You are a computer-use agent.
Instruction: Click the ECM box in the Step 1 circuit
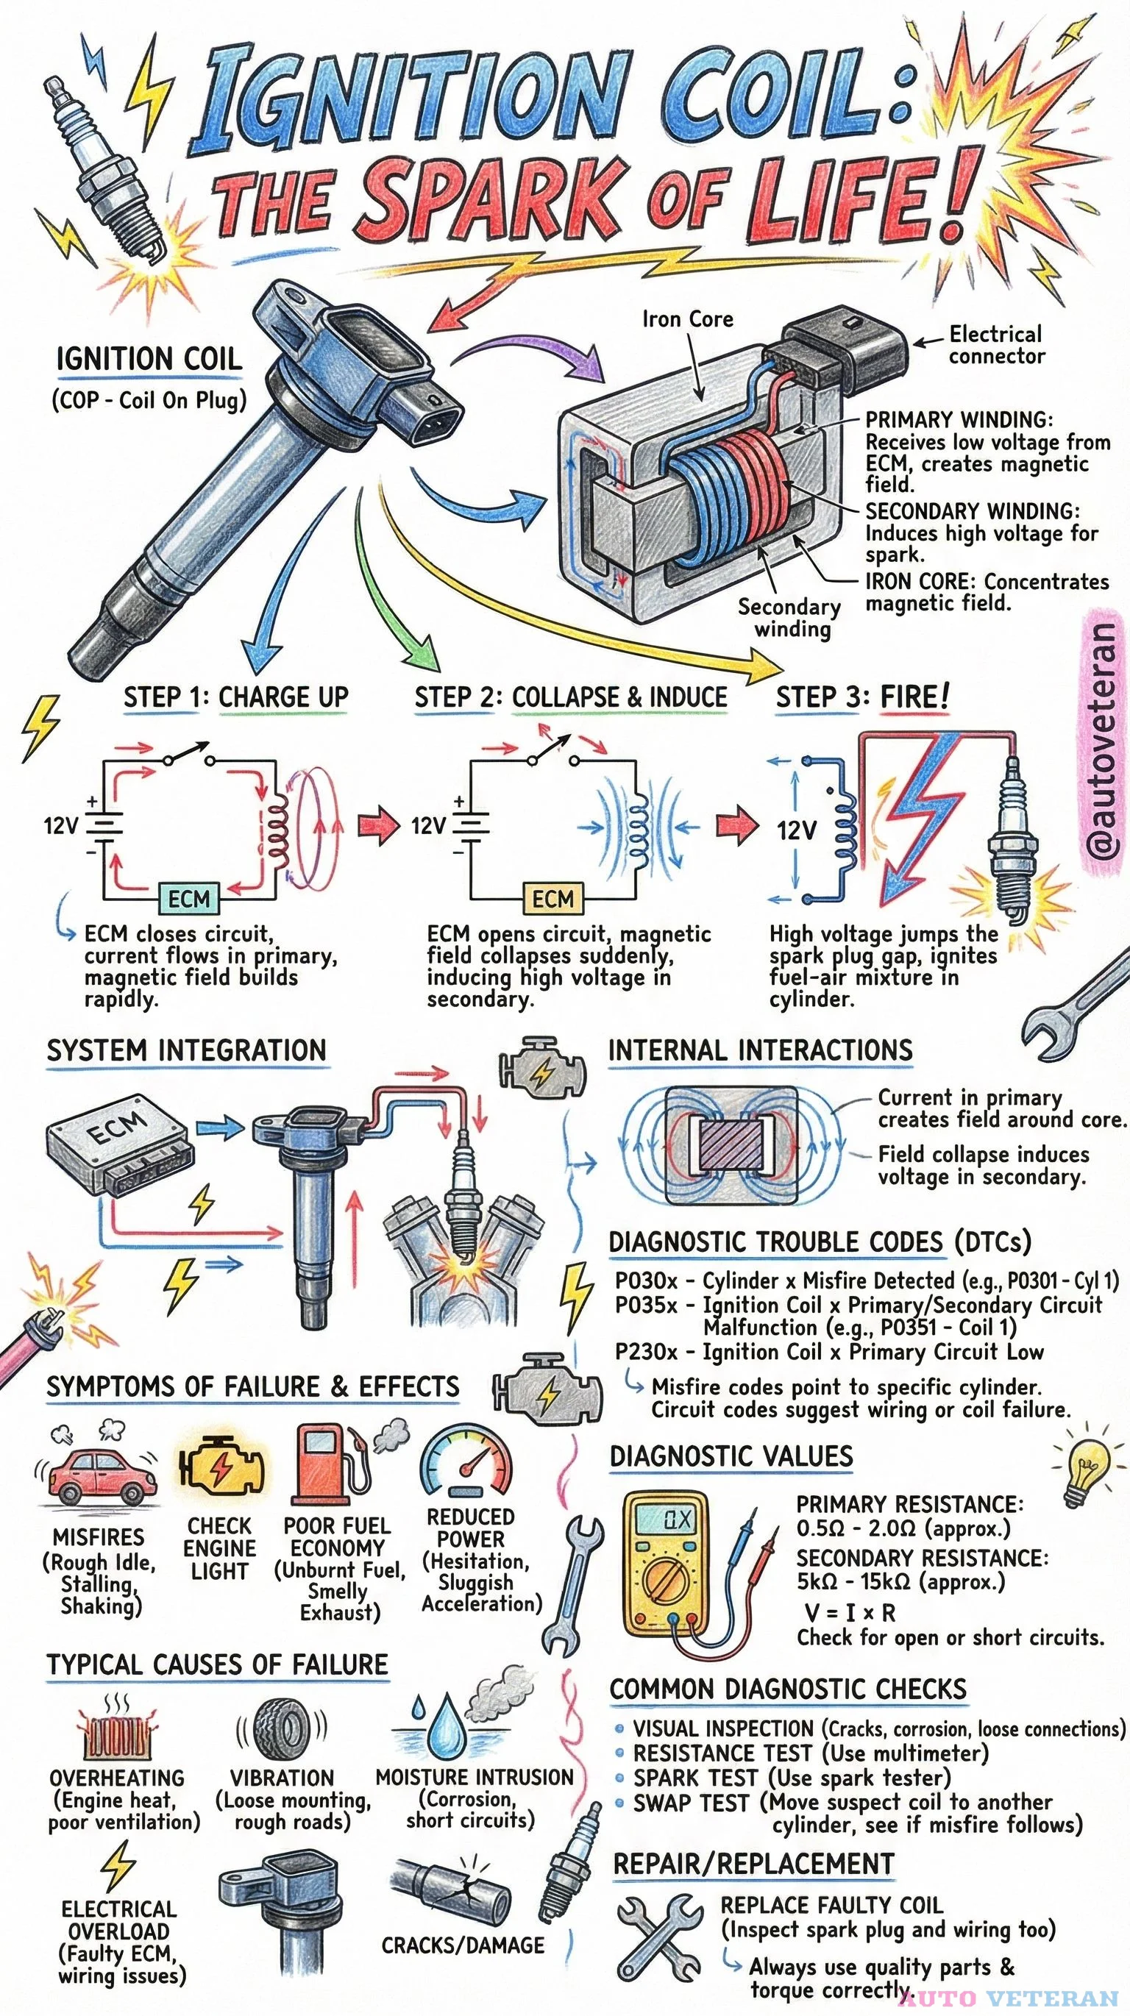click(188, 899)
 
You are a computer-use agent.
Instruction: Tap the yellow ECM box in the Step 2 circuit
click(552, 899)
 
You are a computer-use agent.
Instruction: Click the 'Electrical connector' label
click(996, 345)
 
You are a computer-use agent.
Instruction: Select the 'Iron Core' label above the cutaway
click(687, 319)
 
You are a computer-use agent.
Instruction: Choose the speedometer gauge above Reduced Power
click(467, 1461)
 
